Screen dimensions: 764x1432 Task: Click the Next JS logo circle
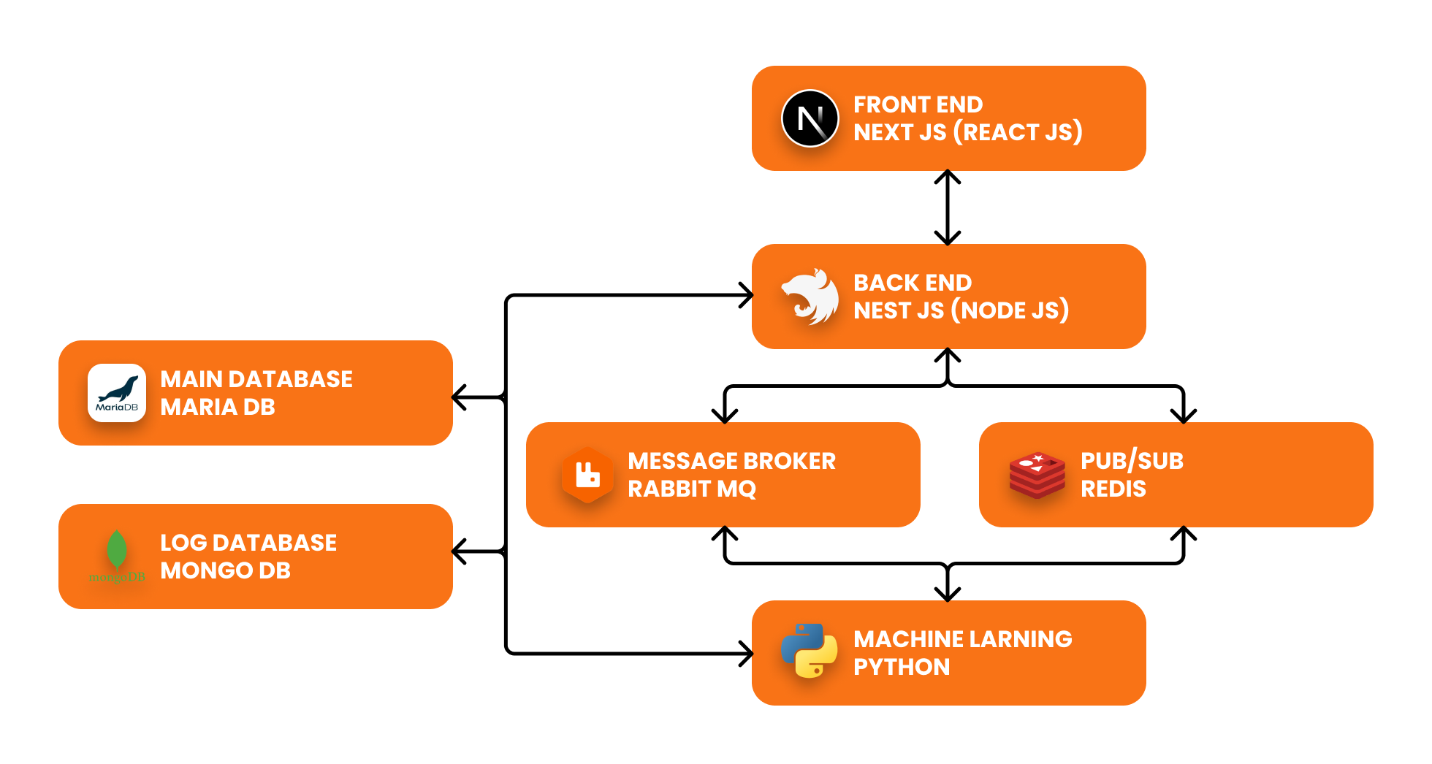pyautogui.click(x=810, y=118)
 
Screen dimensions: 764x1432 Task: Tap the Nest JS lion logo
pyautogui.click(x=810, y=297)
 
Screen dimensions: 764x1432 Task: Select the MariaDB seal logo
pyautogui.click(x=117, y=393)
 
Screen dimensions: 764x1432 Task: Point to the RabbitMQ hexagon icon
pyautogui.click(x=587, y=475)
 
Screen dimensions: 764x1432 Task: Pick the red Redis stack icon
pyautogui.click(x=1037, y=475)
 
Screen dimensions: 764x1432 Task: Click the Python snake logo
pyautogui.click(x=810, y=651)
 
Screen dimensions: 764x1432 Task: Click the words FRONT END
pyautogui.click(x=918, y=104)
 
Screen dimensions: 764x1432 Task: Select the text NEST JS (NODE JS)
pyautogui.click(x=961, y=310)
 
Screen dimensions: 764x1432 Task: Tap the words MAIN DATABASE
pyautogui.click(x=256, y=379)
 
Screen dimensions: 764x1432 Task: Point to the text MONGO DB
pyautogui.click(x=225, y=570)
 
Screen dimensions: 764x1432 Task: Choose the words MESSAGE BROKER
pyautogui.click(x=731, y=461)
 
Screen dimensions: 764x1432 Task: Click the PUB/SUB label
pyautogui.click(x=1132, y=461)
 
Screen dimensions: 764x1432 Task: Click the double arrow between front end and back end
pyautogui.click(x=948, y=207)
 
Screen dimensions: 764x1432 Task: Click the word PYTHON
pyautogui.click(x=902, y=667)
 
